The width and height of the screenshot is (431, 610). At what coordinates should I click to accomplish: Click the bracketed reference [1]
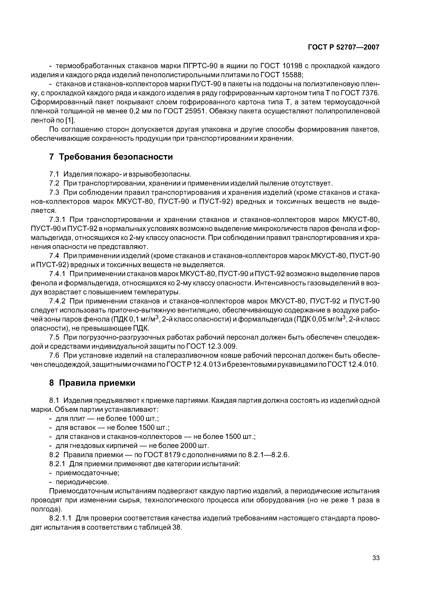click(x=70, y=120)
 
